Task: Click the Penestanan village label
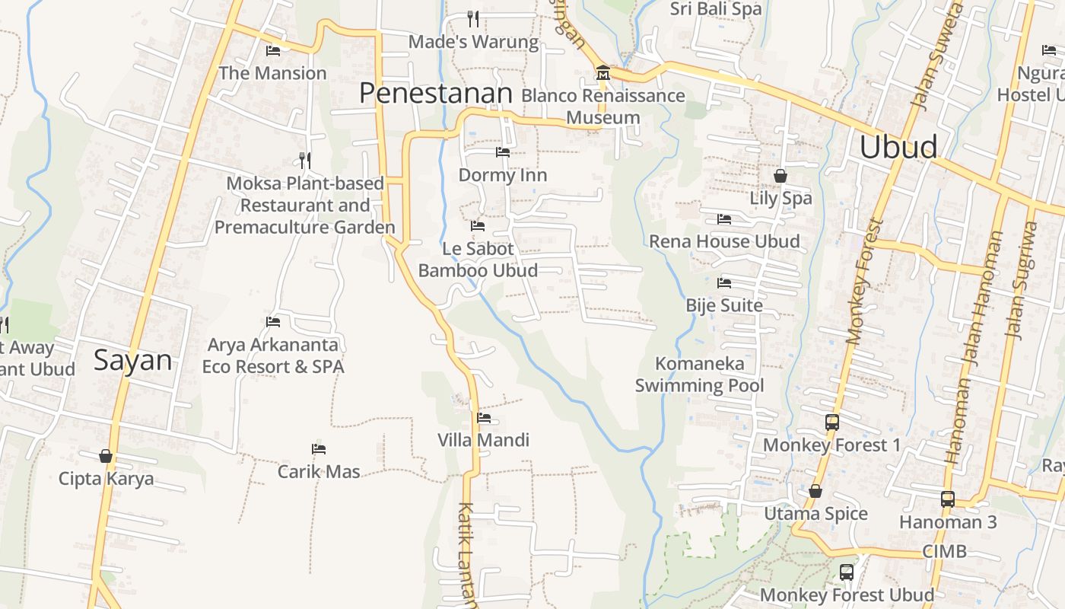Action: (x=436, y=93)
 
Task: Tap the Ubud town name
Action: (x=898, y=147)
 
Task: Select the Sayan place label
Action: (x=133, y=359)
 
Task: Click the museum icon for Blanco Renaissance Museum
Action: (x=603, y=72)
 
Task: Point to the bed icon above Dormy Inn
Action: (x=502, y=152)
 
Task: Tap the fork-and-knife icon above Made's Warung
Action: (x=473, y=18)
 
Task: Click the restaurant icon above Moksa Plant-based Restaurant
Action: (x=305, y=160)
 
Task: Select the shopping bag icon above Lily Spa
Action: (x=780, y=176)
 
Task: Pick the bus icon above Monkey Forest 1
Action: (x=831, y=422)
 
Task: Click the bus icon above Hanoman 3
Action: (x=947, y=499)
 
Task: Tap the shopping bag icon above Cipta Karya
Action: (x=106, y=456)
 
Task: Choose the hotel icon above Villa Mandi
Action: (x=483, y=417)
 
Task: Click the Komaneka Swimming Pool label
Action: (x=699, y=374)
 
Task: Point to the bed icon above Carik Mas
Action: (x=319, y=449)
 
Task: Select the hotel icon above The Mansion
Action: (x=273, y=51)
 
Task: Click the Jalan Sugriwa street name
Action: (x=1021, y=279)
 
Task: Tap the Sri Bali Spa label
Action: (x=715, y=9)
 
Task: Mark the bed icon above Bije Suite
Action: (x=723, y=283)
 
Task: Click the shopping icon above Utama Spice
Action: (x=815, y=491)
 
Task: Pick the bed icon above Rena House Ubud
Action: (x=723, y=219)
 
